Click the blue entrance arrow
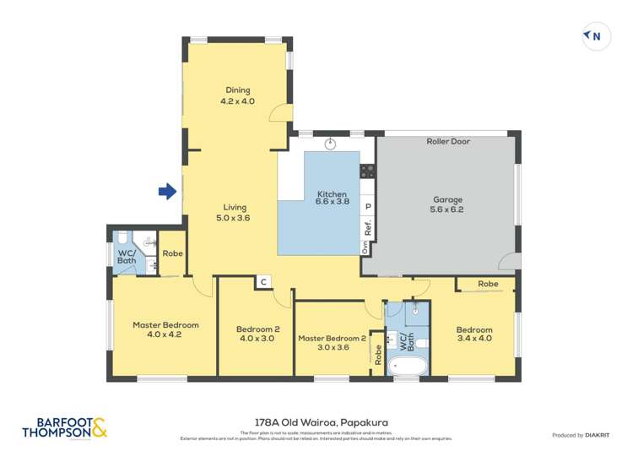click(167, 192)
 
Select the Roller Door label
click(447, 142)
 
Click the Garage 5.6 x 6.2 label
click(447, 204)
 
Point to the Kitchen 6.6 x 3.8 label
click(332, 197)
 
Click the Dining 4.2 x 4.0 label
click(237, 95)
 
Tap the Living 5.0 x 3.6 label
click(234, 212)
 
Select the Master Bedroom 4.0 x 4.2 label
click(165, 329)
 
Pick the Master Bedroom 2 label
click(332, 342)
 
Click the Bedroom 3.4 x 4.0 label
click(473, 334)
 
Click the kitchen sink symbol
click(331, 143)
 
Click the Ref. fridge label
click(367, 227)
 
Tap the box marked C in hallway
click(263, 282)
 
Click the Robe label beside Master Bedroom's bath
click(172, 253)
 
